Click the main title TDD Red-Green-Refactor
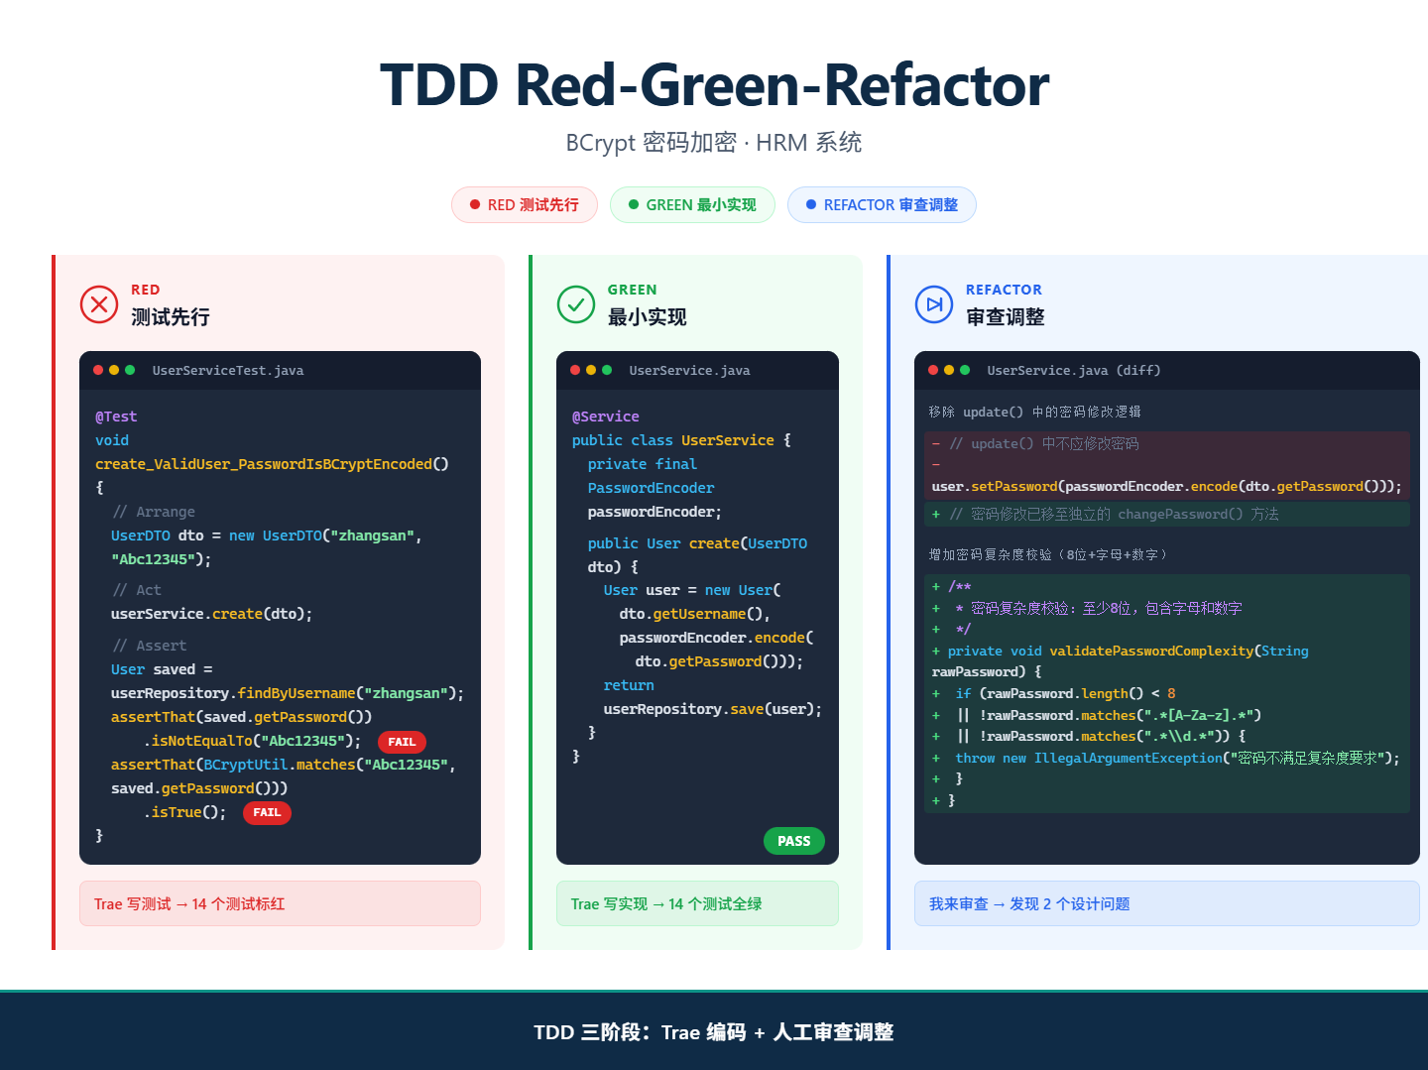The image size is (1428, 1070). point(714,84)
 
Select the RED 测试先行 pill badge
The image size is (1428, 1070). point(525,205)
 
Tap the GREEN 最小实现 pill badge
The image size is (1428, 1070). point(692,205)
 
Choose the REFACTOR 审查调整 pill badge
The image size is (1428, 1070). point(882,205)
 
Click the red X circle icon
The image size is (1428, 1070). point(99,304)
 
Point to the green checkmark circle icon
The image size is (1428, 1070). point(576,304)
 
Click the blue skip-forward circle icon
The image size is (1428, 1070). point(933,304)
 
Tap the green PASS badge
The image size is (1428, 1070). point(793,840)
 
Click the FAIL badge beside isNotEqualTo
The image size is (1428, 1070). point(402,742)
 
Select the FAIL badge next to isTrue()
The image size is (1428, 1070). point(267,812)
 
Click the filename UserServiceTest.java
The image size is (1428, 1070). point(228,370)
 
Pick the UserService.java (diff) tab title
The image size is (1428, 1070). point(1073,370)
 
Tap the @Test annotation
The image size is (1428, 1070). point(116,416)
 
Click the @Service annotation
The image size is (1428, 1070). point(605,416)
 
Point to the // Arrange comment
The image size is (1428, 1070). point(154,512)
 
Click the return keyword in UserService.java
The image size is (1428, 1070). point(629,685)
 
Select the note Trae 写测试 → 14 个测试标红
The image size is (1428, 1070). point(189,903)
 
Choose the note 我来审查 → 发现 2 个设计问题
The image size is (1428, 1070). point(1029,903)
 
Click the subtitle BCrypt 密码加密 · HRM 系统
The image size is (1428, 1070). point(714,143)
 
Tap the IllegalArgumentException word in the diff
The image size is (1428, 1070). point(1129,758)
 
